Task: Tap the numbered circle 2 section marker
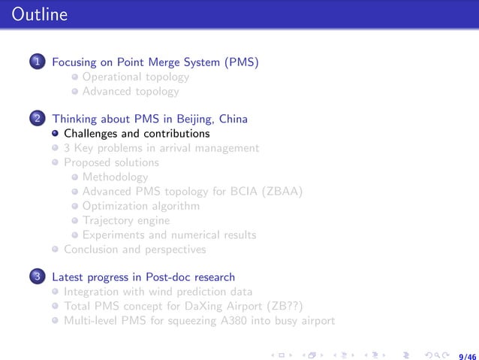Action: (37, 119)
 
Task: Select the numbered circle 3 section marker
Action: (37, 277)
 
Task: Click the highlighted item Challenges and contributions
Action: (137, 134)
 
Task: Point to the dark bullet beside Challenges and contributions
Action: (56, 134)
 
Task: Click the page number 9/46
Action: (466, 348)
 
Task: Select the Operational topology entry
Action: (136, 77)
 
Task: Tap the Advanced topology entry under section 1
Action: (131, 91)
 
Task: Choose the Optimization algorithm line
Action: (141, 205)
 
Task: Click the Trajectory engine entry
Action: (126, 220)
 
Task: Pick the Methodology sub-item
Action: (116, 177)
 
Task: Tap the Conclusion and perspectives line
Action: (134, 249)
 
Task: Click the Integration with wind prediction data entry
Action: (158, 292)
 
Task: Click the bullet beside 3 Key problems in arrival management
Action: (56, 148)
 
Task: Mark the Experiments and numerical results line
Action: (169, 234)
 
